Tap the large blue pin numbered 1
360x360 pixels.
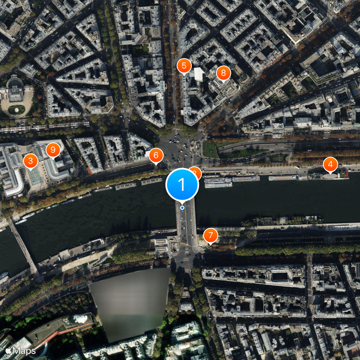click(x=182, y=184)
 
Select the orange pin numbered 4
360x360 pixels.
click(x=330, y=165)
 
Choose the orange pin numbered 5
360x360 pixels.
click(x=184, y=66)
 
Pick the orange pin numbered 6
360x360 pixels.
click(x=156, y=156)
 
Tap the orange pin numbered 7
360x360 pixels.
click(x=210, y=235)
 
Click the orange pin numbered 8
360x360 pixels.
click(x=223, y=73)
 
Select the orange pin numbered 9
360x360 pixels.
click(x=54, y=149)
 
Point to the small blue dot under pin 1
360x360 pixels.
click(x=182, y=207)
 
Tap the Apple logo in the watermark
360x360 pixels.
click(x=9, y=350)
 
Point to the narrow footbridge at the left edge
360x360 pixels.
click(x=25, y=247)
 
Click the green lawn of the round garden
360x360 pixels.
click(x=17, y=109)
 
